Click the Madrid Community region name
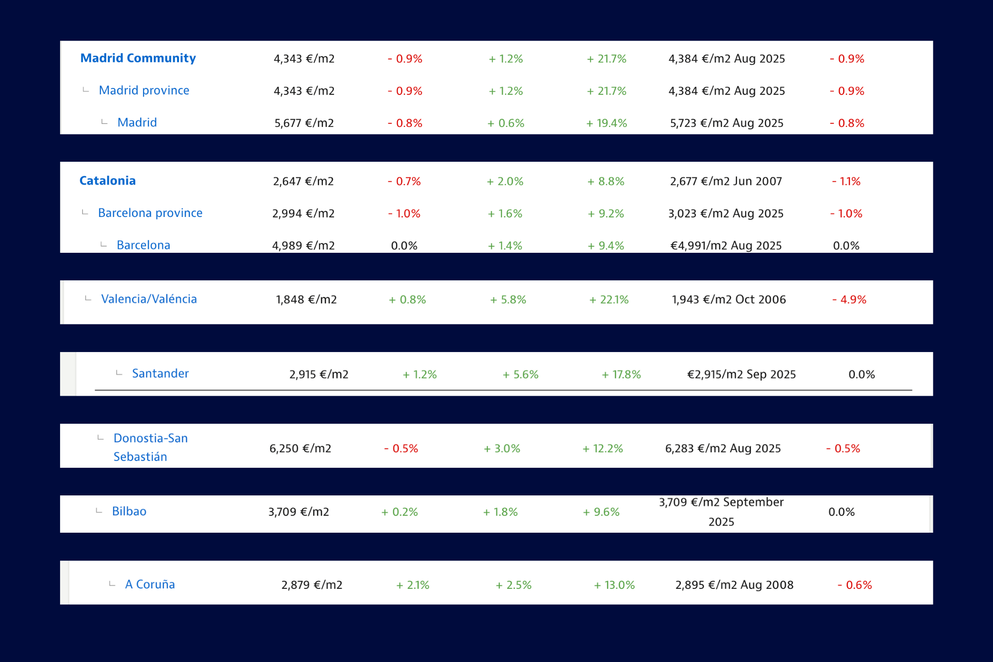click(x=138, y=58)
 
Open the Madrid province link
click(x=144, y=91)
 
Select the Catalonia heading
click(x=107, y=181)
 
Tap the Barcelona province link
click(x=150, y=213)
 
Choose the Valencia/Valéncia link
click(x=149, y=299)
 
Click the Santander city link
click(x=160, y=374)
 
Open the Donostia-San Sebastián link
click(x=150, y=447)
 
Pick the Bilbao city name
click(x=129, y=511)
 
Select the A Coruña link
click(x=150, y=585)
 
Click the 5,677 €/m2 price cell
click(x=304, y=123)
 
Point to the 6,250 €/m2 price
click(x=300, y=448)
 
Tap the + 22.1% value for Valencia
click(x=609, y=300)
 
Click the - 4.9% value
click(x=849, y=300)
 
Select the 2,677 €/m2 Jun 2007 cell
click(x=726, y=181)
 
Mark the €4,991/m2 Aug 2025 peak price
click(x=726, y=246)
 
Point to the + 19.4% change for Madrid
click(x=607, y=123)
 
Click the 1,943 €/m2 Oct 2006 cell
click(x=729, y=300)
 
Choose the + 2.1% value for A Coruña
click(x=413, y=585)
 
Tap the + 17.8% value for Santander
click(x=621, y=374)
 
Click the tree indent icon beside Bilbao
click(x=99, y=511)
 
